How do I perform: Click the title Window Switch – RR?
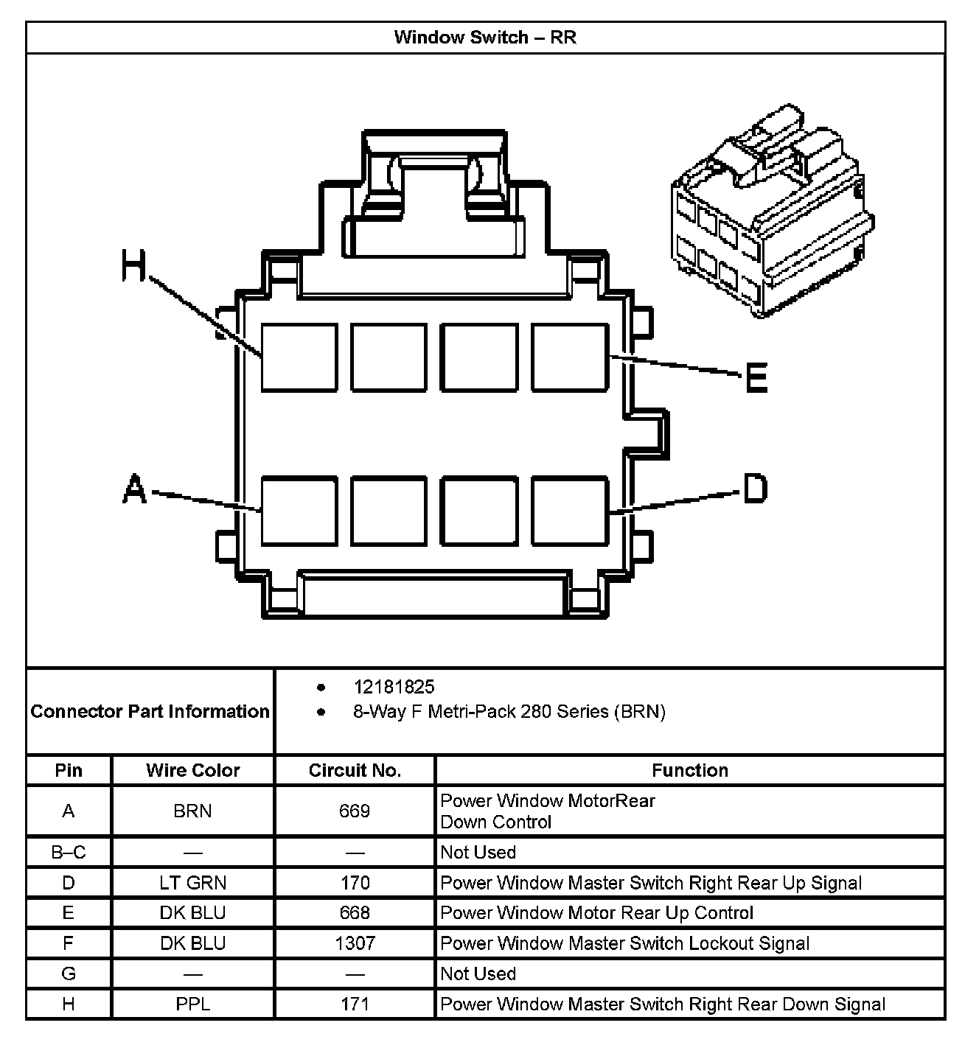pyautogui.click(x=485, y=37)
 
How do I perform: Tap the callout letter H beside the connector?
pyautogui.click(x=133, y=266)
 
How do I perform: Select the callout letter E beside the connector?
pyautogui.click(x=756, y=378)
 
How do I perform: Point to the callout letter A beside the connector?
pyautogui.click(x=134, y=489)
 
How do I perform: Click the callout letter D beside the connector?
pyautogui.click(x=755, y=488)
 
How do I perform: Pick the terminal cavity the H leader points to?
pyautogui.click(x=299, y=357)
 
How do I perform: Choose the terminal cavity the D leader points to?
pyautogui.click(x=570, y=511)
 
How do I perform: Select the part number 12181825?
pyautogui.click(x=394, y=687)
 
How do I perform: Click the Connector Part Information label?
pyautogui.click(x=150, y=711)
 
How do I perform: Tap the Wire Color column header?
pyautogui.click(x=192, y=770)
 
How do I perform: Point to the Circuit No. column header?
pyautogui.click(x=355, y=770)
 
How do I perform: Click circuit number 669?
pyautogui.click(x=355, y=811)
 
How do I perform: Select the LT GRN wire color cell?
pyautogui.click(x=192, y=882)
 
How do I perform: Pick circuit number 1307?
pyautogui.click(x=355, y=943)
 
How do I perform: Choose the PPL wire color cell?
pyautogui.click(x=192, y=1004)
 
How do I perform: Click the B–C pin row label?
pyautogui.click(x=69, y=852)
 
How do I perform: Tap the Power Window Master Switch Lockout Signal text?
pyautogui.click(x=624, y=943)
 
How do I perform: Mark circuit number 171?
pyautogui.click(x=355, y=1004)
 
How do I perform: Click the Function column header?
pyautogui.click(x=689, y=770)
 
